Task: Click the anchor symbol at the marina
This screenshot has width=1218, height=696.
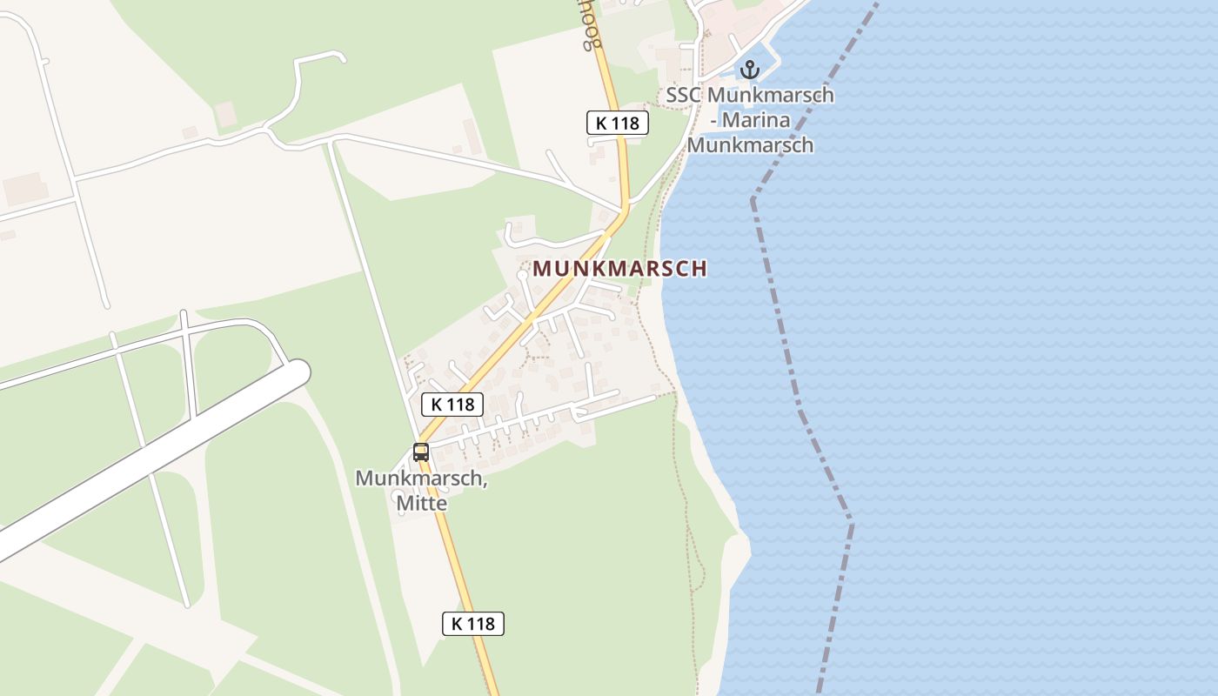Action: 750,70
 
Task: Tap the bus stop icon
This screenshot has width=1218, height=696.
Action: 421,452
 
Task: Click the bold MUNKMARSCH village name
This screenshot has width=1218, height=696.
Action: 619,269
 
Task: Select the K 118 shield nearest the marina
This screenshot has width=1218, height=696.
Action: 618,123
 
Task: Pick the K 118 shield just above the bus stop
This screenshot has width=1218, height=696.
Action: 452,404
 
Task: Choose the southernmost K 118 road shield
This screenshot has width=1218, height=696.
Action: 473,623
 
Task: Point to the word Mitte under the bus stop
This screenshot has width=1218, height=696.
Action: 421,503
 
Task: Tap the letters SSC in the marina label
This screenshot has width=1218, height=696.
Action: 684,95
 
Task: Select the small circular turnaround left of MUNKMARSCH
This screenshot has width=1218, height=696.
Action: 521,275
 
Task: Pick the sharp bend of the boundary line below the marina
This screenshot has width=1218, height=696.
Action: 753,199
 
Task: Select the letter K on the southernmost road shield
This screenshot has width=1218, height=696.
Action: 457,623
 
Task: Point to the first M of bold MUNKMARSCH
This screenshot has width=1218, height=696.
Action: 541,269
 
